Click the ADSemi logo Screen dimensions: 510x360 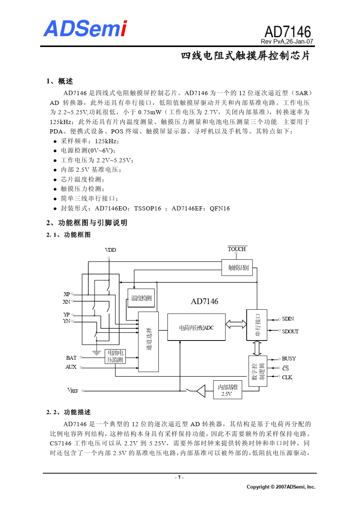click(85, 29)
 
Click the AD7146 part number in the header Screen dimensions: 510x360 click(288, 32)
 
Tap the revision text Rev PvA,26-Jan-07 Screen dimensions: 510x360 click(287, 42)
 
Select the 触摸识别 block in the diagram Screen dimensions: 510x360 click(237, 268)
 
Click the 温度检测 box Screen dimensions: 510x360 click(141, 298)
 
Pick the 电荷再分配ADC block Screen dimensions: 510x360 click(196, 327)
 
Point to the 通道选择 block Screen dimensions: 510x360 click(148, 342)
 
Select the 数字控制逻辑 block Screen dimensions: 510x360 click(258, 371)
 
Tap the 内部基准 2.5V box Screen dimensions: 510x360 click(227, 390)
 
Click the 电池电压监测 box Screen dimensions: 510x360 click(115, 356)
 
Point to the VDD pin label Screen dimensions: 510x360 click(110, 250)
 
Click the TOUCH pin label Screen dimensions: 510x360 click(237, 249)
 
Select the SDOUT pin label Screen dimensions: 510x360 click(290, 331)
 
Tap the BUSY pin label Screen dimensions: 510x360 click(289, 359)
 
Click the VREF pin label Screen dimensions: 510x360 click(73, 391)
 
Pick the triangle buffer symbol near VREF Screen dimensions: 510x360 click(201, 391)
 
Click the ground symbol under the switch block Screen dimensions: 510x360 click(97, 353)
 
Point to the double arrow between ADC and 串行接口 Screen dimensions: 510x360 click(236, 324)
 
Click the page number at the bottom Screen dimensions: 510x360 click(180, 477)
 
